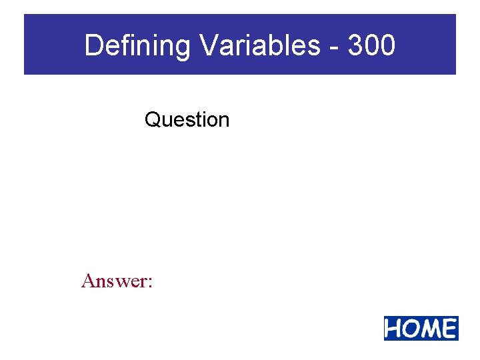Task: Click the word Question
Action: click(187, 120)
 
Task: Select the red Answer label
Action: click(117, 281)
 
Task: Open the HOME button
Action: click(421, 329)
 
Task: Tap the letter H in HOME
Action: click(395, 329)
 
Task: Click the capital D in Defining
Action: click(94, 46)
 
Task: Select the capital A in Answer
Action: click(88, 281)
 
